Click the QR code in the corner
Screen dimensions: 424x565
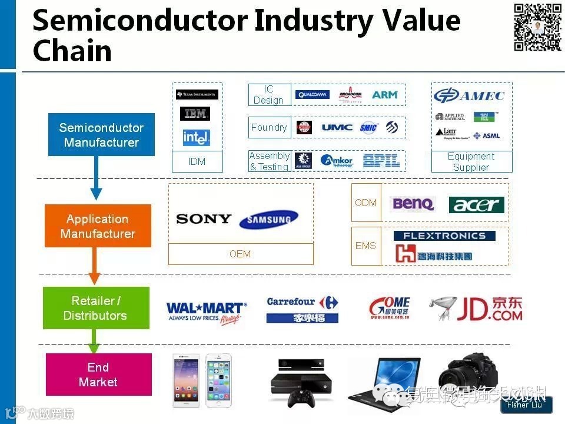coord(537,27)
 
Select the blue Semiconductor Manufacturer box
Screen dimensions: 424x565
coord(101,135)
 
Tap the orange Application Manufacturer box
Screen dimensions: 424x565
coord(98,226)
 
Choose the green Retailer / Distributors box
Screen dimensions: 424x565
coord(96,308)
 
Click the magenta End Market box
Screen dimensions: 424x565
coord(98,375)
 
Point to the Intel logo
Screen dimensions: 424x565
coord(196,137)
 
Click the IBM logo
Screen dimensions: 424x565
coord(196,114)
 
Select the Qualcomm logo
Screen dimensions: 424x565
coord(313,95)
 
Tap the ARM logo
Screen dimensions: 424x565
coord(385,95)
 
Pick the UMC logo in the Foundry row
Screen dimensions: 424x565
coord(337,127)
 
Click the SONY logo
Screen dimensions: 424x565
coord(204,219)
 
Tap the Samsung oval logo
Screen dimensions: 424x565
coord(268,220)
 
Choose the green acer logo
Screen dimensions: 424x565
coord(477,204)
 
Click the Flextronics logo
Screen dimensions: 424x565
coord(444,236)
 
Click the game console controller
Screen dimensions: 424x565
coord(300,399)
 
